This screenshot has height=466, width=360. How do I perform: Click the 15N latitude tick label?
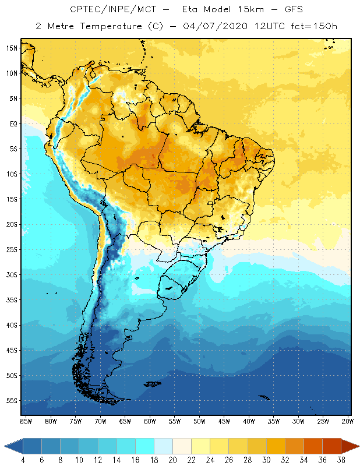point(11,48)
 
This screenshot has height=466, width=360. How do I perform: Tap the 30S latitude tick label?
point(11,274)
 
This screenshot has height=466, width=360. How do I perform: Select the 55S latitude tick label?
point(11,401)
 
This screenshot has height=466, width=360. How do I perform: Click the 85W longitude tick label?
point(26,421)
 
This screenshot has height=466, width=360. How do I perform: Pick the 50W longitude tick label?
point(199,421)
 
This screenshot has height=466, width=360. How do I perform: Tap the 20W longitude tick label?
point(348,421)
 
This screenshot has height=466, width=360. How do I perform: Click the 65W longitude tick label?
point(125,421)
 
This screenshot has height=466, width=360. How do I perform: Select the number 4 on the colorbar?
point(23,460)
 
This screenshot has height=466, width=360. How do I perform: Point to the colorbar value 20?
point(173,460)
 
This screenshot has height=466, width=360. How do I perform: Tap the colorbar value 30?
point(267,460)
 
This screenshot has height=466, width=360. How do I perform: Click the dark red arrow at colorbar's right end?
point(350,446)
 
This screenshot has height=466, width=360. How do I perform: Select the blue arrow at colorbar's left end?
point(13,446)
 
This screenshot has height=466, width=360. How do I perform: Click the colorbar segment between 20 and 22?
point(182,446)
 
